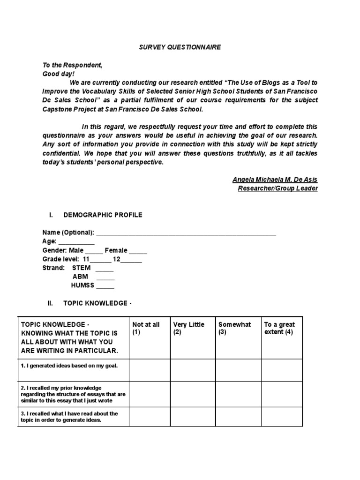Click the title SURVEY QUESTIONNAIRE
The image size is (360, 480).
pyautogui.click(x=180, y=47)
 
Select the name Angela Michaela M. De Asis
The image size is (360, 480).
pyautogui.click(x=275, y=180)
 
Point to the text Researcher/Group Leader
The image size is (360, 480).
pyautogui.click(x=278, y=188)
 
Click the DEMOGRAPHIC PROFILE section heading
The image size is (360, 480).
pyautogui.click(x=103, y=215)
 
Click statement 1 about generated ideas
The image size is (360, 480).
pyautogui.click(x=69, y=365)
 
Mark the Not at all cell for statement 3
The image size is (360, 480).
pyautogui.click(x=149, y=416)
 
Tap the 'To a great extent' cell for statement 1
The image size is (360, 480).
pyautogui.click(x=281, y=370)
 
